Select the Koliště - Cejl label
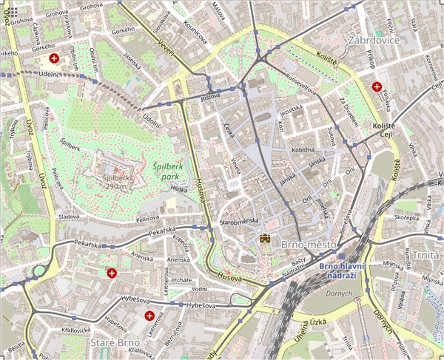point(390,130)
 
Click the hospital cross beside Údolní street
point(53,58)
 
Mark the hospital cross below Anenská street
point(112,274)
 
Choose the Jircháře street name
point(181,280)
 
